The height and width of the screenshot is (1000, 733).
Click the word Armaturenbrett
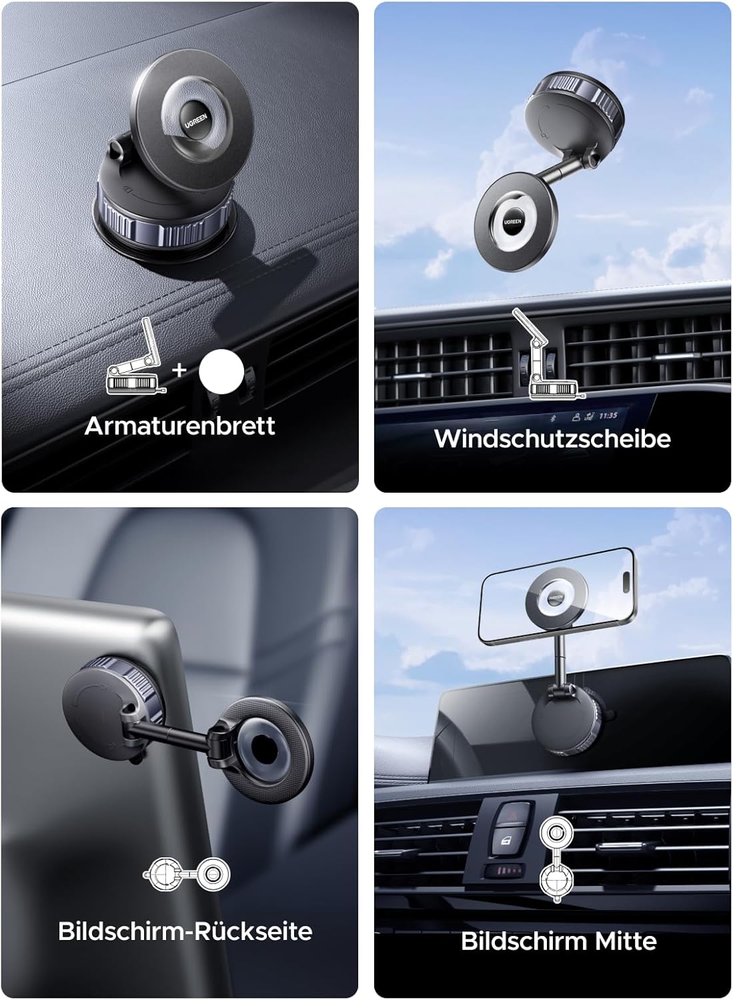(179, 425)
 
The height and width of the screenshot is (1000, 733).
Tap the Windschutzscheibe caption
(552, 439)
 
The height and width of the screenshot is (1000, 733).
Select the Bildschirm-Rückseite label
(185, 931)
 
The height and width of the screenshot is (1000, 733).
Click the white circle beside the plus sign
(221, 369)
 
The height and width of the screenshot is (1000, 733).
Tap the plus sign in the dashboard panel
(179, 369)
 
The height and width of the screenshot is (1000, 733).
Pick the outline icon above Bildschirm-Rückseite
(186, 873)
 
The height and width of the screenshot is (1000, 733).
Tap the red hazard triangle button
(512, 815)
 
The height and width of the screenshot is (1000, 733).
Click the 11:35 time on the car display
(608, 415)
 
